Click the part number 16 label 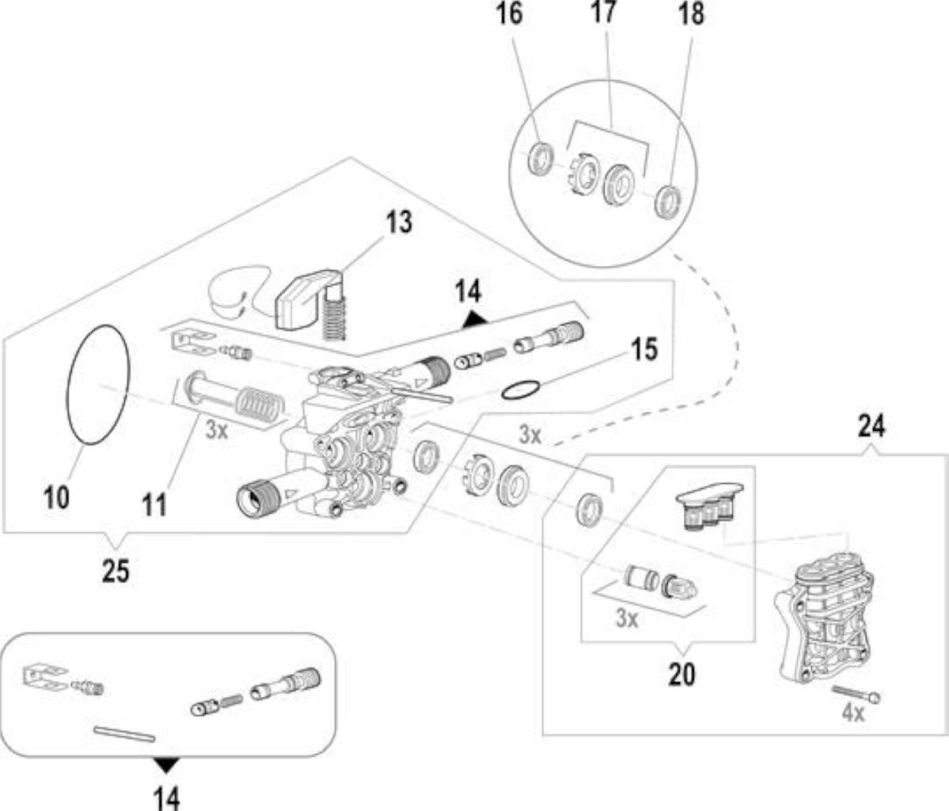click(x=509, y=14)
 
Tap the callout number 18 click(x=691, y=14)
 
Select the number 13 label click(x=399, y=222)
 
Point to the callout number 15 click(x=643, y=349)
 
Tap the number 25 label click(x=116, y=570)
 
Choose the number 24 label click(x=871, y=426)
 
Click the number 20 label click(x=682, y=674)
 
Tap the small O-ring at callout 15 click(x=520, y=390)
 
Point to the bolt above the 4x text click(x=856, y=694)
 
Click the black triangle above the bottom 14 click(x=166, y=765)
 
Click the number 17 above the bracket click(x=602, y=13)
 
